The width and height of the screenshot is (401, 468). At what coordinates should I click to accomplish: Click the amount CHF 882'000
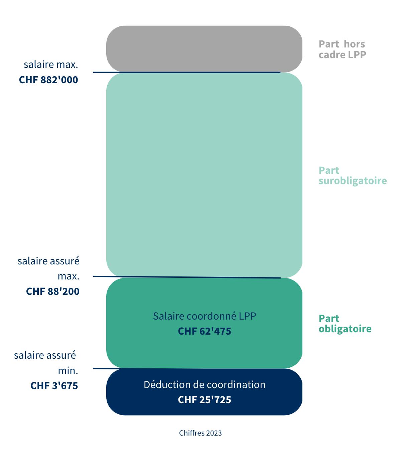tap(48, 80)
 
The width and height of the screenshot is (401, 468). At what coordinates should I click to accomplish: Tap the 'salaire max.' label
tap(51, 64)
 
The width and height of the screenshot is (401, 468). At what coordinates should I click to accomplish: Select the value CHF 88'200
tap(53, 291)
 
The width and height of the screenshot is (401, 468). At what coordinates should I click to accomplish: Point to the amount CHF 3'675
tap(54, 385)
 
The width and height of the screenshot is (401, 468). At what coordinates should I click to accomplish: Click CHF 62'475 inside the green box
tap(205, 331)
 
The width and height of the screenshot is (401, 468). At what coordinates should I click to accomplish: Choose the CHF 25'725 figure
tap(205, 400)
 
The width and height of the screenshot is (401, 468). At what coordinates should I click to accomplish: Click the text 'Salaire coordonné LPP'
tap(205, 316)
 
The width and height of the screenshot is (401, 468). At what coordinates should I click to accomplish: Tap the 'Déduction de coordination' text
tap(205, 385)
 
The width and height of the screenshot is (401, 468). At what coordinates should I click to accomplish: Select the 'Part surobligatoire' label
tap(353, 175)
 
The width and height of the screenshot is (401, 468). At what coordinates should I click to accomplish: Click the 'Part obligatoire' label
tap(345, 323)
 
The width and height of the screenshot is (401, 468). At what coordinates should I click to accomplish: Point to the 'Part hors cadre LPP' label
tap(342, 49)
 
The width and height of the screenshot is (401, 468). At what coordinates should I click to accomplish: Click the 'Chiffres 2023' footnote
tap(200, 433)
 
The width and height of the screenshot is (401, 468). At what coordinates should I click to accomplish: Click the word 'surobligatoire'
tap(353, 181)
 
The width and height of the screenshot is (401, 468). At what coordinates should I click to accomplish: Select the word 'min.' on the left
tap(68, 370)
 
